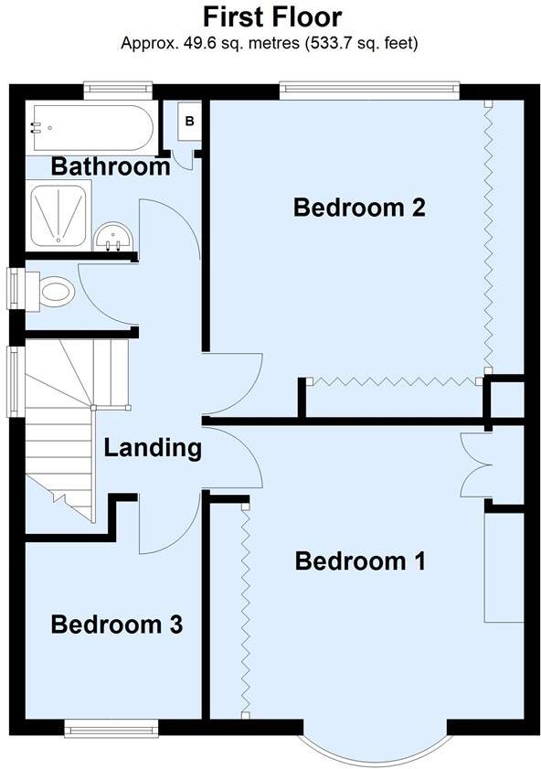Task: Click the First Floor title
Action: click(x=271, y=17)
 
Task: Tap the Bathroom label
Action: click(x=111, y=167)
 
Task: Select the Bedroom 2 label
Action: click(x=359, y=208)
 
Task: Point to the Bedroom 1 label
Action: click(x=360, y=561)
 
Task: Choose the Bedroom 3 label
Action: click(x=117, y=625)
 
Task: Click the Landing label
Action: click(x=152, y=448)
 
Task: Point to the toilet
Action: click(x=53, y=292)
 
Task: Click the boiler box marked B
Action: click(x=190, y=121)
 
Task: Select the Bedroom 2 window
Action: click(x=367, y=90)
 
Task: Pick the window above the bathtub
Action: click(x=117, y=90)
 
